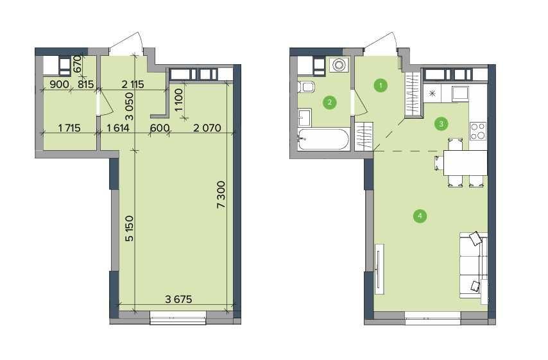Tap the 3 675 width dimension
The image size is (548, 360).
(180, 299)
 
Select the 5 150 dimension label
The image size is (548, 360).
(129, 228)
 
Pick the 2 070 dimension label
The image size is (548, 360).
(205, 128)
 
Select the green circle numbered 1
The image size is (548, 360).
(381, 85)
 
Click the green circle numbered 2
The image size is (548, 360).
(329, 101)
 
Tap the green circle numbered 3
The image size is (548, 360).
(441, 123)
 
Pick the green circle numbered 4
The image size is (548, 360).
(420, 216)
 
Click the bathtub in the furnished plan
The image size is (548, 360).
(323, 138)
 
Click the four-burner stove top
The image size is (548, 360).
(478, 131)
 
